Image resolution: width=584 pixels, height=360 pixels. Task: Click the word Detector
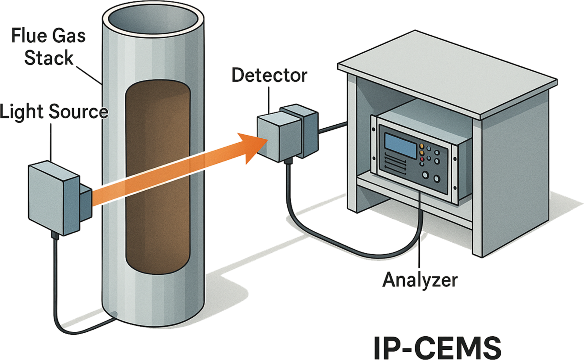pos(269,75)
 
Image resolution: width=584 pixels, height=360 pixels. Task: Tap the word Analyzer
pos(420,280)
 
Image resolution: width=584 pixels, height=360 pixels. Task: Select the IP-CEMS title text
pos(437,348)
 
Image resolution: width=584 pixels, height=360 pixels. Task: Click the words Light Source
pos(54,112)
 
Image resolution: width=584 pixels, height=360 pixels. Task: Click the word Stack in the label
pos(49,58)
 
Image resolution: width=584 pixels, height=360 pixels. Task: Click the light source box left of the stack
pos(54,198)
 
